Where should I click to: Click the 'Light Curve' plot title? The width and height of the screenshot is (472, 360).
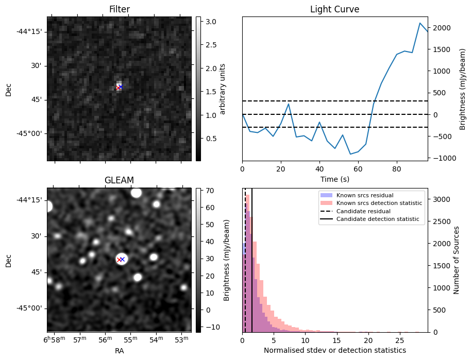[334, 9]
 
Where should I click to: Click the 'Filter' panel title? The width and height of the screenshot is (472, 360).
[120, 9]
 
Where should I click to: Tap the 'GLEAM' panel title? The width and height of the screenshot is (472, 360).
[120, 180]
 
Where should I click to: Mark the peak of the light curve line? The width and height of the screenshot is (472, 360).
[420, 23]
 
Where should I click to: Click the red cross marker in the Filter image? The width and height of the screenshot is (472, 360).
[118, 88]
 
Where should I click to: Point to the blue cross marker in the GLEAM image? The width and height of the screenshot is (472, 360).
[123, 259]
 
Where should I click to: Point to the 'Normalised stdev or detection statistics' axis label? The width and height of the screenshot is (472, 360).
[334, 350]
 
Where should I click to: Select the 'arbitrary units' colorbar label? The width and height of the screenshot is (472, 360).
[223, 88]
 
